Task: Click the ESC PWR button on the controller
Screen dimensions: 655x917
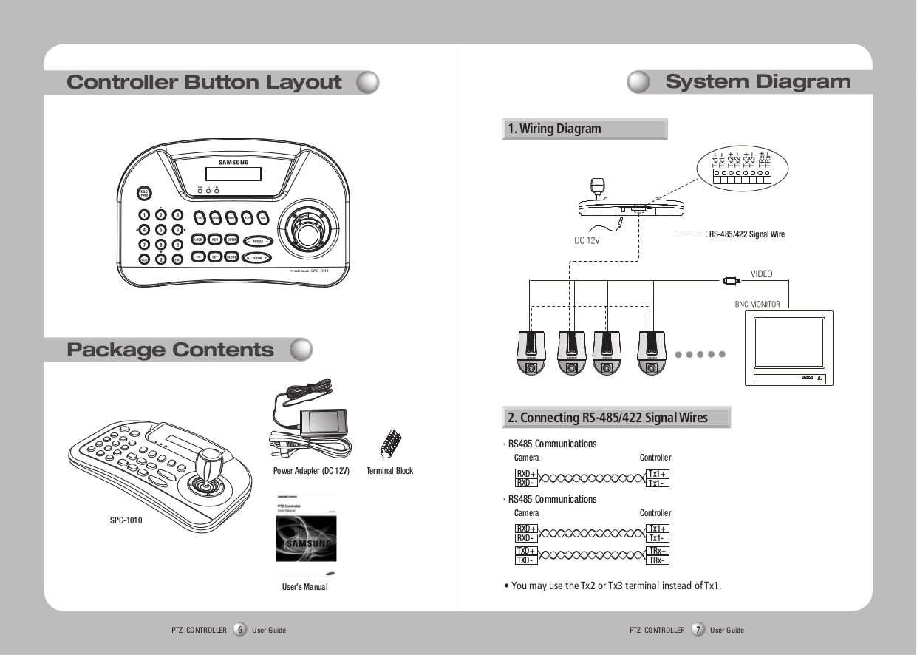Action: coord(144,194)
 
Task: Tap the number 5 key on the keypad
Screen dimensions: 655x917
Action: coord(161,230)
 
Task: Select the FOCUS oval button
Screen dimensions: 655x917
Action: coord(257,241)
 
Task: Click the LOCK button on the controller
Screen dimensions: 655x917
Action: coord(198,240)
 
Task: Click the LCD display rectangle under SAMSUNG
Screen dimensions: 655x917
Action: coord(233,173)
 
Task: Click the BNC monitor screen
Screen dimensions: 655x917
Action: coord(788,343)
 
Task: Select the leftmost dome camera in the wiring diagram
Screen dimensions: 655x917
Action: coord(530,352)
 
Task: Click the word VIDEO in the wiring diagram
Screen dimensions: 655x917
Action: coord(761,274)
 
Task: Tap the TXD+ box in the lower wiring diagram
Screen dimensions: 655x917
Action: coord(525,552)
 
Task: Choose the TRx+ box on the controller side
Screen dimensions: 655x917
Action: coord(657,552)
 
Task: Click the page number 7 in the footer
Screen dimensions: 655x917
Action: coord(698,630)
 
